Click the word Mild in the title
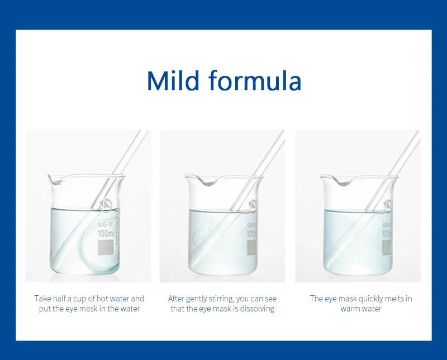(173, 80)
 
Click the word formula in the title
(255, 80)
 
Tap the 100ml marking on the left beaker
(106, 233)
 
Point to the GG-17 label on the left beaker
(106, 225)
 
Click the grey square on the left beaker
(106, 247)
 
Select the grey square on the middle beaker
(252, 247)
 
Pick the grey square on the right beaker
(387, 247)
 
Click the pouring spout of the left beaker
(54, 179)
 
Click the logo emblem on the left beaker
(106, 205)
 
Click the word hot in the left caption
(102, 299)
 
